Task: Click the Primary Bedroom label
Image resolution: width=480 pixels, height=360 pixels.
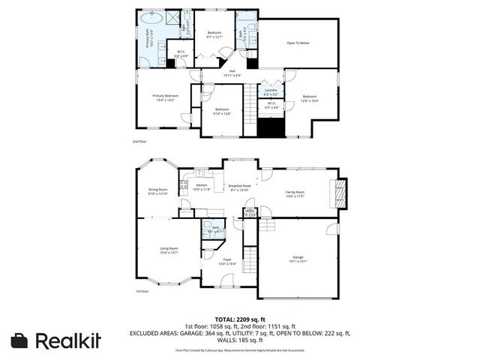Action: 165,97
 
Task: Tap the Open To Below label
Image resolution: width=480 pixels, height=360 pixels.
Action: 298,43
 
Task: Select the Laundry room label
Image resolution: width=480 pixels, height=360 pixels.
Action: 271,91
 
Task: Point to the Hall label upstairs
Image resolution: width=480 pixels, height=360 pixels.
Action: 232,73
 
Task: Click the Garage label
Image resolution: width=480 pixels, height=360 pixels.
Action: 298,259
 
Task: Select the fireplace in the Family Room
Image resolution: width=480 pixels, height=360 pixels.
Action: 341,192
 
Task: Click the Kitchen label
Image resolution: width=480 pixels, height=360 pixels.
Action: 201,186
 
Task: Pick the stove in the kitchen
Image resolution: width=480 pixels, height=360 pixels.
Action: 182,184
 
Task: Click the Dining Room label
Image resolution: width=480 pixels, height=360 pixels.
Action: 157,191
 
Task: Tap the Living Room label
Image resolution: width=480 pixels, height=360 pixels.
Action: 169,250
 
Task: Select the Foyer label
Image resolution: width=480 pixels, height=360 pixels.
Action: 227,262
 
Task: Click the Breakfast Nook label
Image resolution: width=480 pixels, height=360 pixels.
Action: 238,187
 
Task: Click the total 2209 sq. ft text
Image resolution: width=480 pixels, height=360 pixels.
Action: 241,319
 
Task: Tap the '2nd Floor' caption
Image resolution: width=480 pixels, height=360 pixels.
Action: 139,140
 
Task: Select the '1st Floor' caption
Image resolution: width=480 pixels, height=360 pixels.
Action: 142,291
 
